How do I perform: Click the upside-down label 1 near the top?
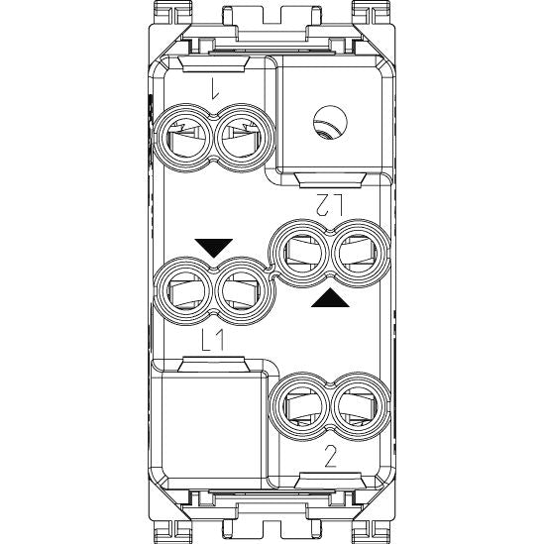(215, 88)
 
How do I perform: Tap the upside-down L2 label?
(329, 204)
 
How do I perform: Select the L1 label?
(213, 340)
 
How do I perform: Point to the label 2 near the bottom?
(330, 456)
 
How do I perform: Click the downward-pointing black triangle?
(214, 248)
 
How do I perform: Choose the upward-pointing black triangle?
(330, 298)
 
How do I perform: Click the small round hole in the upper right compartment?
(330, 123)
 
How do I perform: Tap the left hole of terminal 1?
(182, 138)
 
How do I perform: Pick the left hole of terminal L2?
(299, 254)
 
